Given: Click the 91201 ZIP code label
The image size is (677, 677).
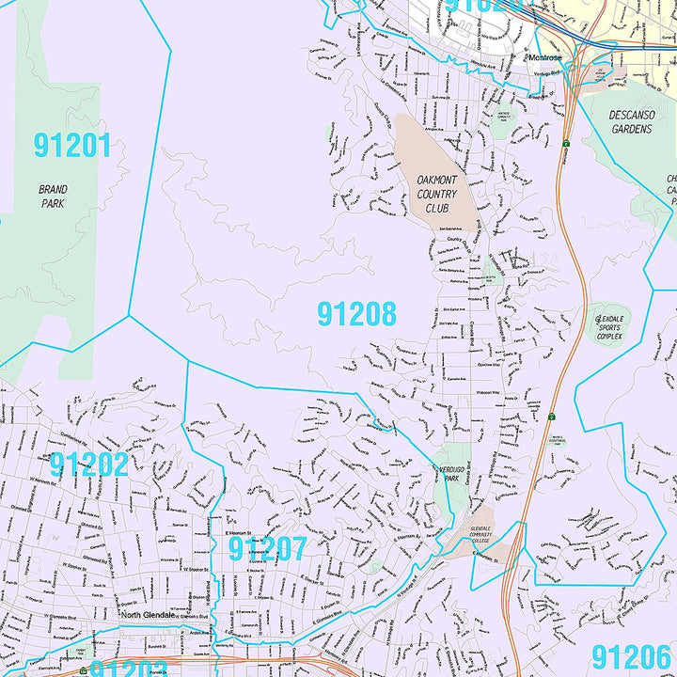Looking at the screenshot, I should [72, 146].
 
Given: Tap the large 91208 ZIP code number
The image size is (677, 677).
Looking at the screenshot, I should [356, 314].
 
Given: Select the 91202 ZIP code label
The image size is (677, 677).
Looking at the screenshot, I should [88, 464].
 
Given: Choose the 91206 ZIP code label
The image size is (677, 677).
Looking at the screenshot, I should [632, 656].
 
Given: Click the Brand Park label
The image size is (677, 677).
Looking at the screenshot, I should [53, 196].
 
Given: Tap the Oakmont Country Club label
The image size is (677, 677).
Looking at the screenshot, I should [436, 194].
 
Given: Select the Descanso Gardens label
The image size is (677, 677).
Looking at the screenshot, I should [631, 122].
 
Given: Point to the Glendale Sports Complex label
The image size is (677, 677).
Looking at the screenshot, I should [609, 327].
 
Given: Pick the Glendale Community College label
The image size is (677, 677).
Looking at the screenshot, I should [480, 536].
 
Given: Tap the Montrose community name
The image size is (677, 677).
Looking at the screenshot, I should [543, 57].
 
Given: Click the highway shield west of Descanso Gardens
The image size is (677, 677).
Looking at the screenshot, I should [567, 143].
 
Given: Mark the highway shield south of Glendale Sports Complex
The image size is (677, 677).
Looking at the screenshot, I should [550, 415].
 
